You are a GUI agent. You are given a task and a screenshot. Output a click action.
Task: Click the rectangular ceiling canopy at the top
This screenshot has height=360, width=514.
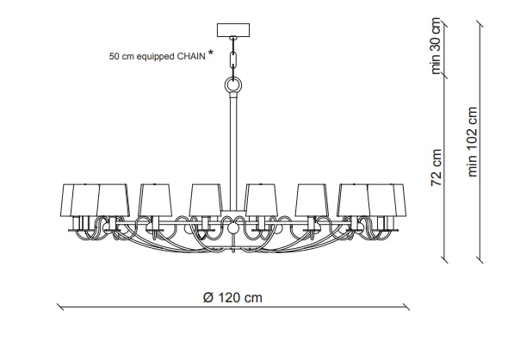pos(233,30)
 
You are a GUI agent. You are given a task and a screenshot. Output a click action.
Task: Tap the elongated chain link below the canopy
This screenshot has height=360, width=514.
pos(233,60)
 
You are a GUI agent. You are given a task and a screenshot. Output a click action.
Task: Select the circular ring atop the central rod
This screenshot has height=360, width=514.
pos(233,84)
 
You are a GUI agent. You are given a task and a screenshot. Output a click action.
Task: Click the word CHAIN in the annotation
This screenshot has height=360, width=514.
pos(191,56)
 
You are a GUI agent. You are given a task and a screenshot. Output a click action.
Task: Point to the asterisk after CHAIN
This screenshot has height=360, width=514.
pos(210,53)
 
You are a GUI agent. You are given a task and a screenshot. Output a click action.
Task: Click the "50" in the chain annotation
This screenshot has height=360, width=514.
pos(114,56)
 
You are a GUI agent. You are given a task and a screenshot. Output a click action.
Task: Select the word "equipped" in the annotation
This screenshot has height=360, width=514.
pos(155,57)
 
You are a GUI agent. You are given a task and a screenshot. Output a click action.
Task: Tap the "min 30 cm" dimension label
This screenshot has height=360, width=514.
pos(436,46)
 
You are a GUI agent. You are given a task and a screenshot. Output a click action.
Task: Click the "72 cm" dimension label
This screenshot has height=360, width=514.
pos(436,168)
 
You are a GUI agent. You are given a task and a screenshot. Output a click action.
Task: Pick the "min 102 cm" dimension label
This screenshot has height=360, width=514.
pos(472,142)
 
